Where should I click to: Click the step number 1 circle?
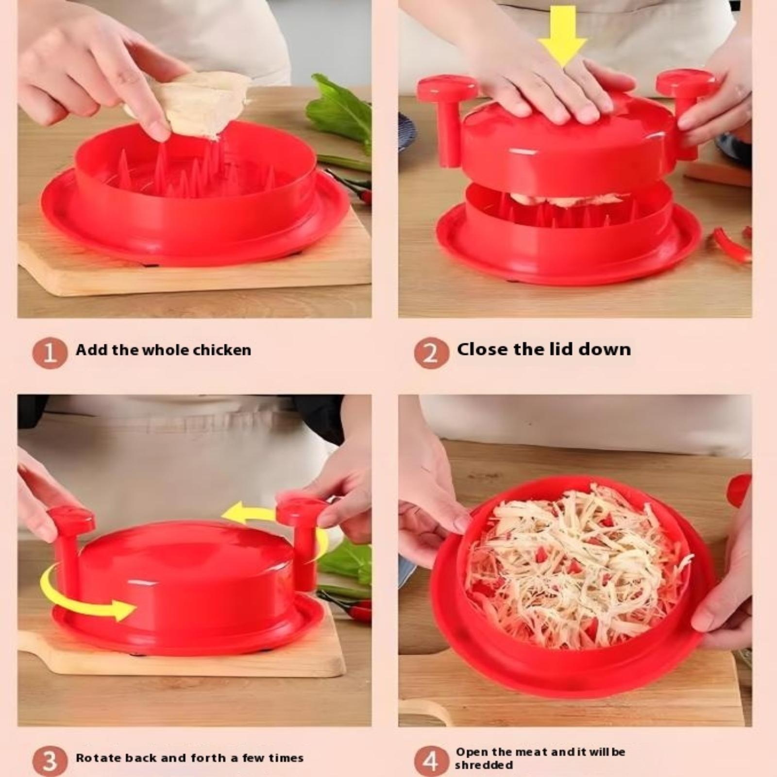click(x=50, y=353)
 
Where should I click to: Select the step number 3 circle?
click(x=50, y=761)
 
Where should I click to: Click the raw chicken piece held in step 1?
click(x=194, y=104)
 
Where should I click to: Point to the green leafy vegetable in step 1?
click(x=340, y=112)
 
